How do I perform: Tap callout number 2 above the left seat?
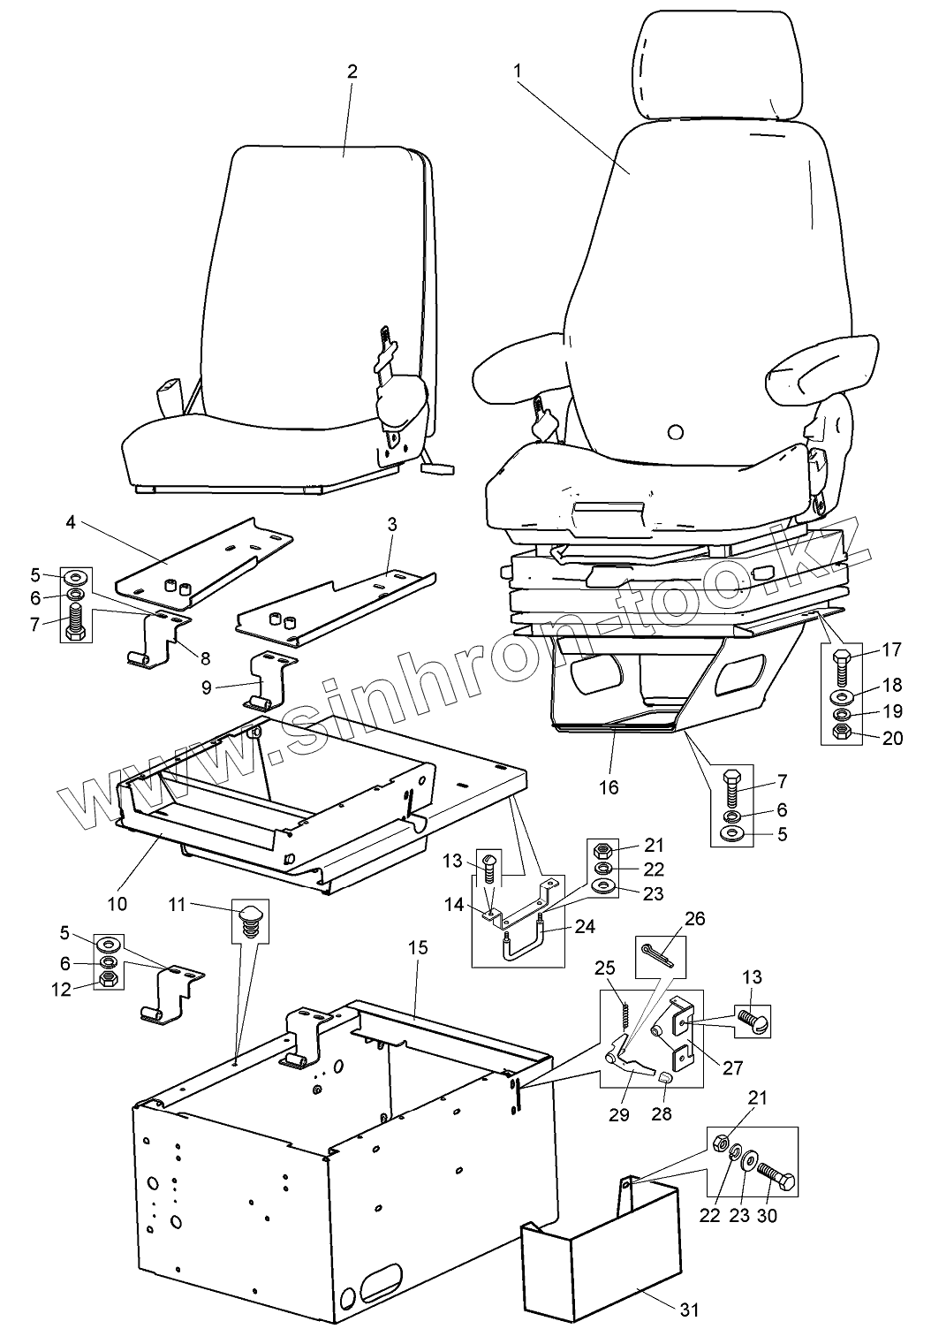point(352,72)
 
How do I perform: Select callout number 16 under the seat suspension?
point(609,786)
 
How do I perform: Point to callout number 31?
point(690,1309)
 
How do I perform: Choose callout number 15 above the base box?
point(418,947)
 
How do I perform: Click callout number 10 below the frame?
point(117,903)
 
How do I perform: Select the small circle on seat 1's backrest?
point(676,432)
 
